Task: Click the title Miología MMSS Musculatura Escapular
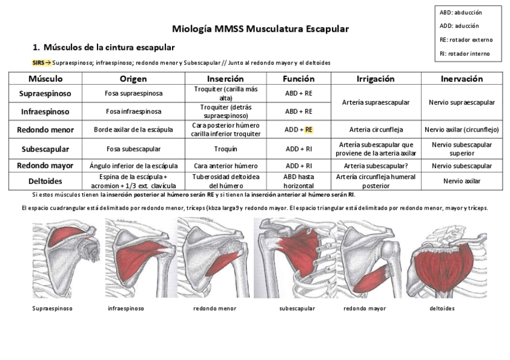point(260,29)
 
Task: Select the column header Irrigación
point(375,79)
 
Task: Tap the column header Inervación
point(461,79)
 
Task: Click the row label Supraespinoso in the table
point(45,94)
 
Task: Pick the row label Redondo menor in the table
point(45,129)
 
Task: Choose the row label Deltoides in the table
point(45,181)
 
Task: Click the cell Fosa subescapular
point(133,149)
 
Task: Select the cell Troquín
point(226,149)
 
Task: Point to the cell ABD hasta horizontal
point(298,182)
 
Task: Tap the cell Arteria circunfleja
point(376,129)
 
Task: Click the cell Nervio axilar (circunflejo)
point(461,129)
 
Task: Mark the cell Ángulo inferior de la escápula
point(133,166)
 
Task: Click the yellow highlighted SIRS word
point(38,63)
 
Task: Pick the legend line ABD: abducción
point(461,13)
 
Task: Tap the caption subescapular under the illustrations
point(297,308)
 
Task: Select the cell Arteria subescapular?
point(376,166)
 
